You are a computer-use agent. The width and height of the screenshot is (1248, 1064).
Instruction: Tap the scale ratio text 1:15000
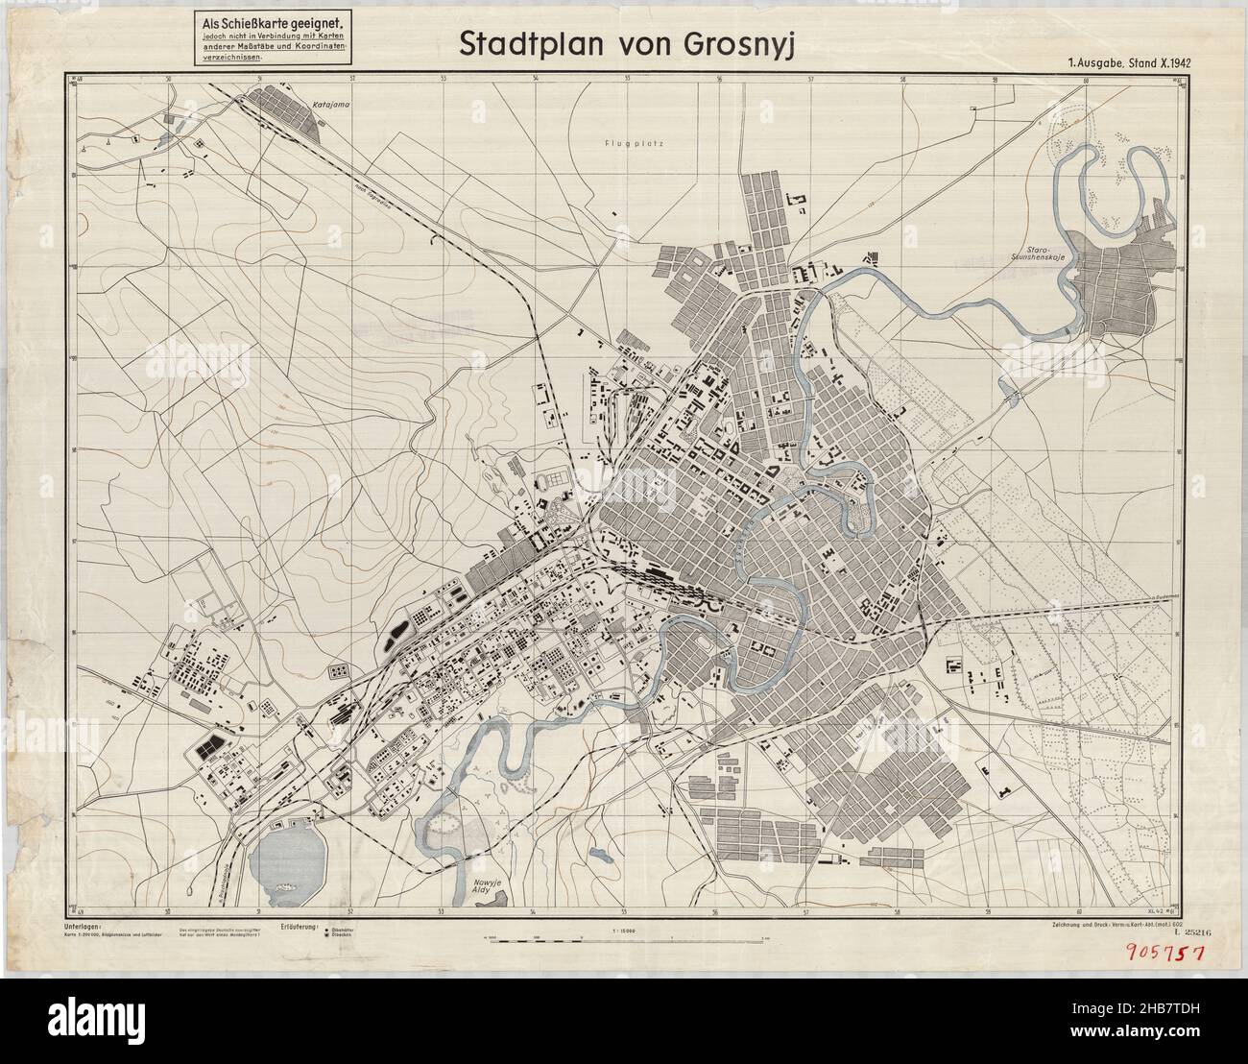[625, 930]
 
